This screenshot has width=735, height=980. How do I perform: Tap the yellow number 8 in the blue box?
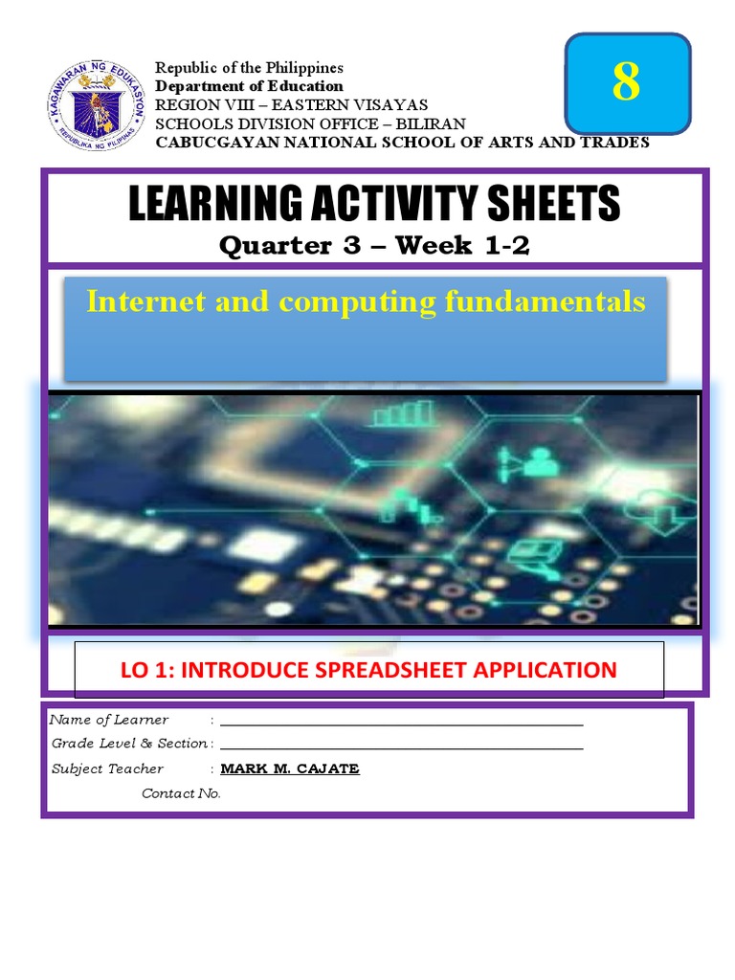626,83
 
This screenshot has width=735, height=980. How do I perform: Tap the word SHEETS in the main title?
552,204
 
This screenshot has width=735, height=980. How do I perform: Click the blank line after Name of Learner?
401,724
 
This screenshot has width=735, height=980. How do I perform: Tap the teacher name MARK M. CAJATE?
290,768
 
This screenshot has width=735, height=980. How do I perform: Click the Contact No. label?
181,793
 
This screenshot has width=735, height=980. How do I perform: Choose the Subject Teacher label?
107,768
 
